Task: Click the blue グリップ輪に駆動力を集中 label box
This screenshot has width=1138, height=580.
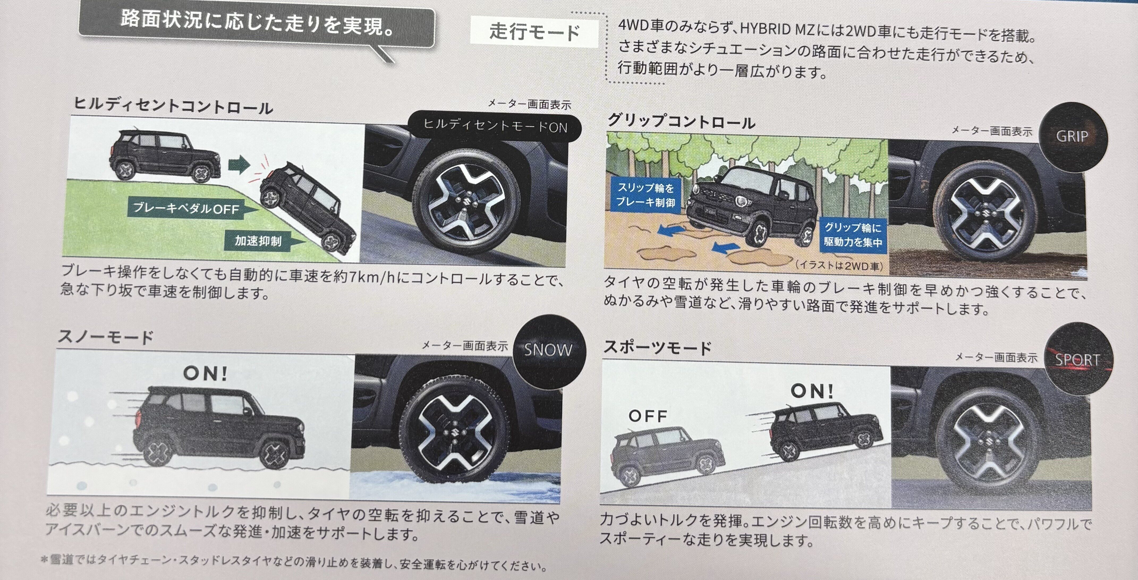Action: click(x=853, y=235)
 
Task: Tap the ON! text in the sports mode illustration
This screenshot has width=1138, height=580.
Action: click(x=812, y=391)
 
